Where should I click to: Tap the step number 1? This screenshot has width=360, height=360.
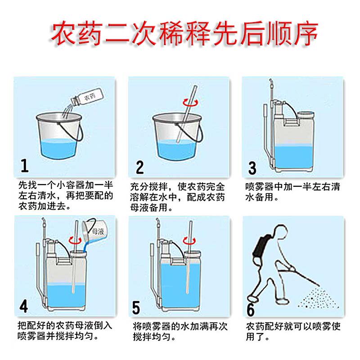click(x=25, y=166)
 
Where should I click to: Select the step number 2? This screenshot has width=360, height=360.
click(x=140, y=167)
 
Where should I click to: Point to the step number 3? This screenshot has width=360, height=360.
click(x=252, y=168)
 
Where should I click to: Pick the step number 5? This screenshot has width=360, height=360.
click(x=136, y=308)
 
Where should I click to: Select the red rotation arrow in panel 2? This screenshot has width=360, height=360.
click(x=190, y=103)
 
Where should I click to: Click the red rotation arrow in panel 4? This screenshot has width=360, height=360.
click(x=75, y=240)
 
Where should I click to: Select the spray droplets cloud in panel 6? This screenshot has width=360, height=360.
click(x=319, y=297)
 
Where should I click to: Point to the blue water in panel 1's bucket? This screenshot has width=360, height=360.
click(x=58, y=148)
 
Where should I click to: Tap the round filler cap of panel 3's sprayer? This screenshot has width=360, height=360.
click(x=306, y=114)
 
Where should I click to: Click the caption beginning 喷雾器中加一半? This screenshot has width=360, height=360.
click(x=292, y=192)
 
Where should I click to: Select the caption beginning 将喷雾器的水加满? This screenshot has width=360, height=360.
click(x=180, y=332)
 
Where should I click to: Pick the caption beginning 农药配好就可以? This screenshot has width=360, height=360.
click(x=293, y=331)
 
